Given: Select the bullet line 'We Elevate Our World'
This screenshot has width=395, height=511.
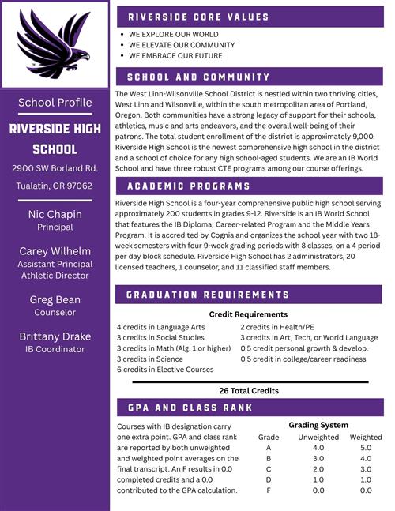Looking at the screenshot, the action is point(175,45).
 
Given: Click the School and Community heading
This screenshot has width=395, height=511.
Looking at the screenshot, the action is point(198,77).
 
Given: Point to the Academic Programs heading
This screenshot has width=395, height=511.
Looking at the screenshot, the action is point(188,186).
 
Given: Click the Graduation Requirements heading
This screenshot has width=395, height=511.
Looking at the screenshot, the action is point(208,295).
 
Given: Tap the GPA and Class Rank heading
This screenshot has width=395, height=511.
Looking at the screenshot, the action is point(190,408).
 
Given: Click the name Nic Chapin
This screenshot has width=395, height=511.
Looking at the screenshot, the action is point(55,214).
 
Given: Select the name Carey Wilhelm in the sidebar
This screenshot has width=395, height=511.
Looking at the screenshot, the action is point(55,251).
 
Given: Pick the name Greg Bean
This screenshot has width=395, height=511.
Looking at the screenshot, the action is point(55,300).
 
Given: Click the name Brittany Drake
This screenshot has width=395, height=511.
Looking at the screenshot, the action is point(55,336).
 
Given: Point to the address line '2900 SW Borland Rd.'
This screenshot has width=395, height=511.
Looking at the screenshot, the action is point(55,168).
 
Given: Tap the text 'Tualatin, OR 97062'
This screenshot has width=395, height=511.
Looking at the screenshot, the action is point(55,186).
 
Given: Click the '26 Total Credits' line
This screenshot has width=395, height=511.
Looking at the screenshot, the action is point(248,390).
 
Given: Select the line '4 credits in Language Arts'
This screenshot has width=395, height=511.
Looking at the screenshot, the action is point(160,326).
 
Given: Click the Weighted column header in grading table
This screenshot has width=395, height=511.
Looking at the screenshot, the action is point(366,437).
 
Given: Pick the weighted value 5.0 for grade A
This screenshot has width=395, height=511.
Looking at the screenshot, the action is point(366,447).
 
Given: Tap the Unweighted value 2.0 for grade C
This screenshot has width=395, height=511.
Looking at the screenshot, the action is point(318,468).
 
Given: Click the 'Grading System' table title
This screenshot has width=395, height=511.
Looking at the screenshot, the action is point(318,425).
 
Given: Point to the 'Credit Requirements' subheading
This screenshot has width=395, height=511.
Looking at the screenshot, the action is point(248,314).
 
